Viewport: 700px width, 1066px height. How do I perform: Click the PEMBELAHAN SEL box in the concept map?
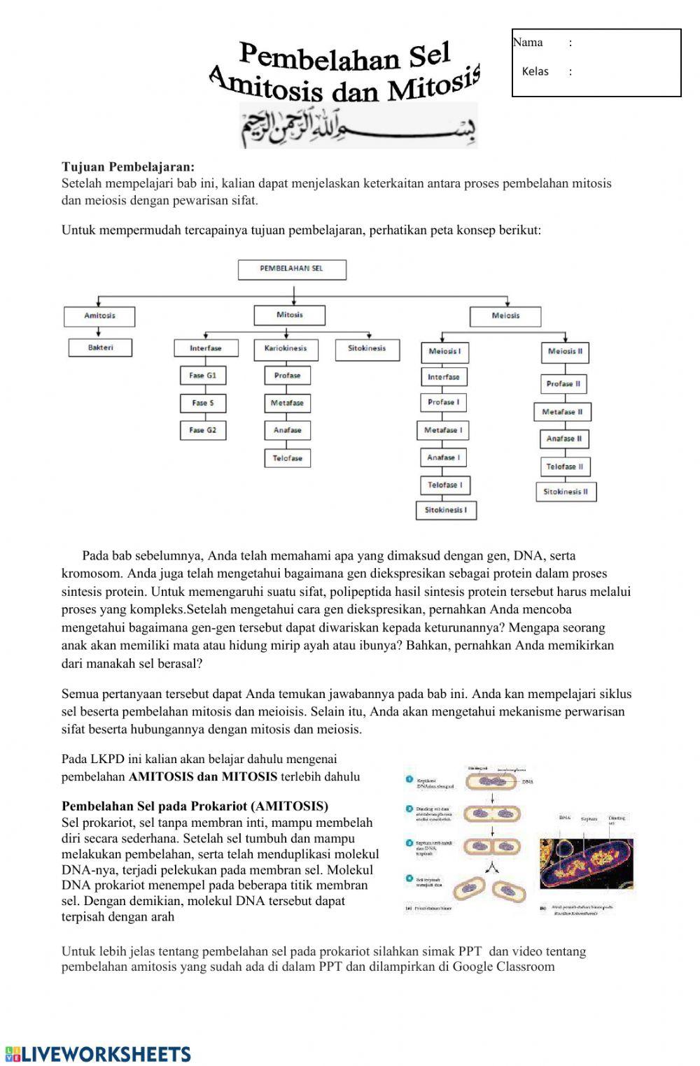click(292, 269)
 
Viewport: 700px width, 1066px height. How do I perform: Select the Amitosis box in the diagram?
click(99, 315)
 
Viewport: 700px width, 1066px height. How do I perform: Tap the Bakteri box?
click(100, 348)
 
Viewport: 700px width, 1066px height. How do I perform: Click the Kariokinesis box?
click(286, 348)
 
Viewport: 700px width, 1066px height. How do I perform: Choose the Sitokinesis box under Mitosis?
click(367, 348)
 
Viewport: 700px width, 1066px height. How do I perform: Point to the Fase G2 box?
click(202, 430)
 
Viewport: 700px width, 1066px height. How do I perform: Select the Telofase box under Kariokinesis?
click(287, 458)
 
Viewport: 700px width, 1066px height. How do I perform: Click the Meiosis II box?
click(565, 351)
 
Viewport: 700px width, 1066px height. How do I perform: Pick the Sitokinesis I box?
click(446, 510)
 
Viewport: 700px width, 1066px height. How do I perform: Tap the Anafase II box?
click(564, 439)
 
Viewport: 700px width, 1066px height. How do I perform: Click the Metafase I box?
click(443, 430)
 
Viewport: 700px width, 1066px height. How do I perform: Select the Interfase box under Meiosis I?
click(444, 377)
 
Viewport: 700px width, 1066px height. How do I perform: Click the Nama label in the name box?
click(528, 43)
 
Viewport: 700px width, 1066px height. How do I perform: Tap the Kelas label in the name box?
click(535, 71)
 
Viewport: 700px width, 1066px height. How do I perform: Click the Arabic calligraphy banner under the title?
click(359, 126)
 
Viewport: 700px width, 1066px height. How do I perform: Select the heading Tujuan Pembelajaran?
click(128, 167)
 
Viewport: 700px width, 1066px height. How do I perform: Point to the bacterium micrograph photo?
click(587, 864)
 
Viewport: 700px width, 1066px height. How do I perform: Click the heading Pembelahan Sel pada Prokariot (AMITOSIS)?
click(195, 806)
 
